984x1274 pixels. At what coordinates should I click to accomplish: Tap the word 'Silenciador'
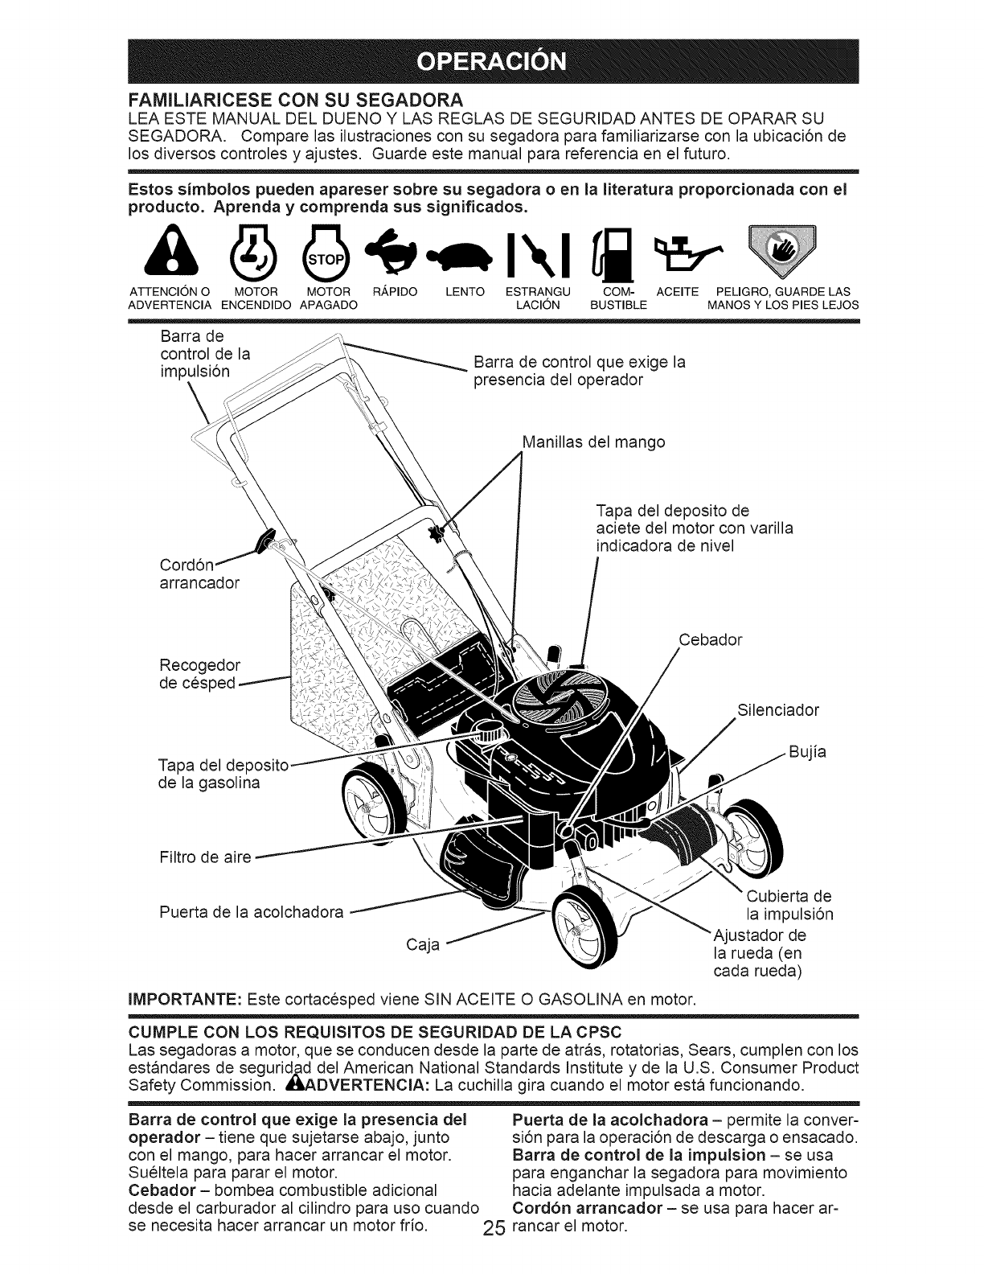(777, 710)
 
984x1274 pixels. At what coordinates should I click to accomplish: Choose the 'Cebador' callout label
(711, 640)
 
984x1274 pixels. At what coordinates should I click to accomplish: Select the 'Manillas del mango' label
(592, 442)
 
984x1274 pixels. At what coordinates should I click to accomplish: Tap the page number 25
(493, 1251)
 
